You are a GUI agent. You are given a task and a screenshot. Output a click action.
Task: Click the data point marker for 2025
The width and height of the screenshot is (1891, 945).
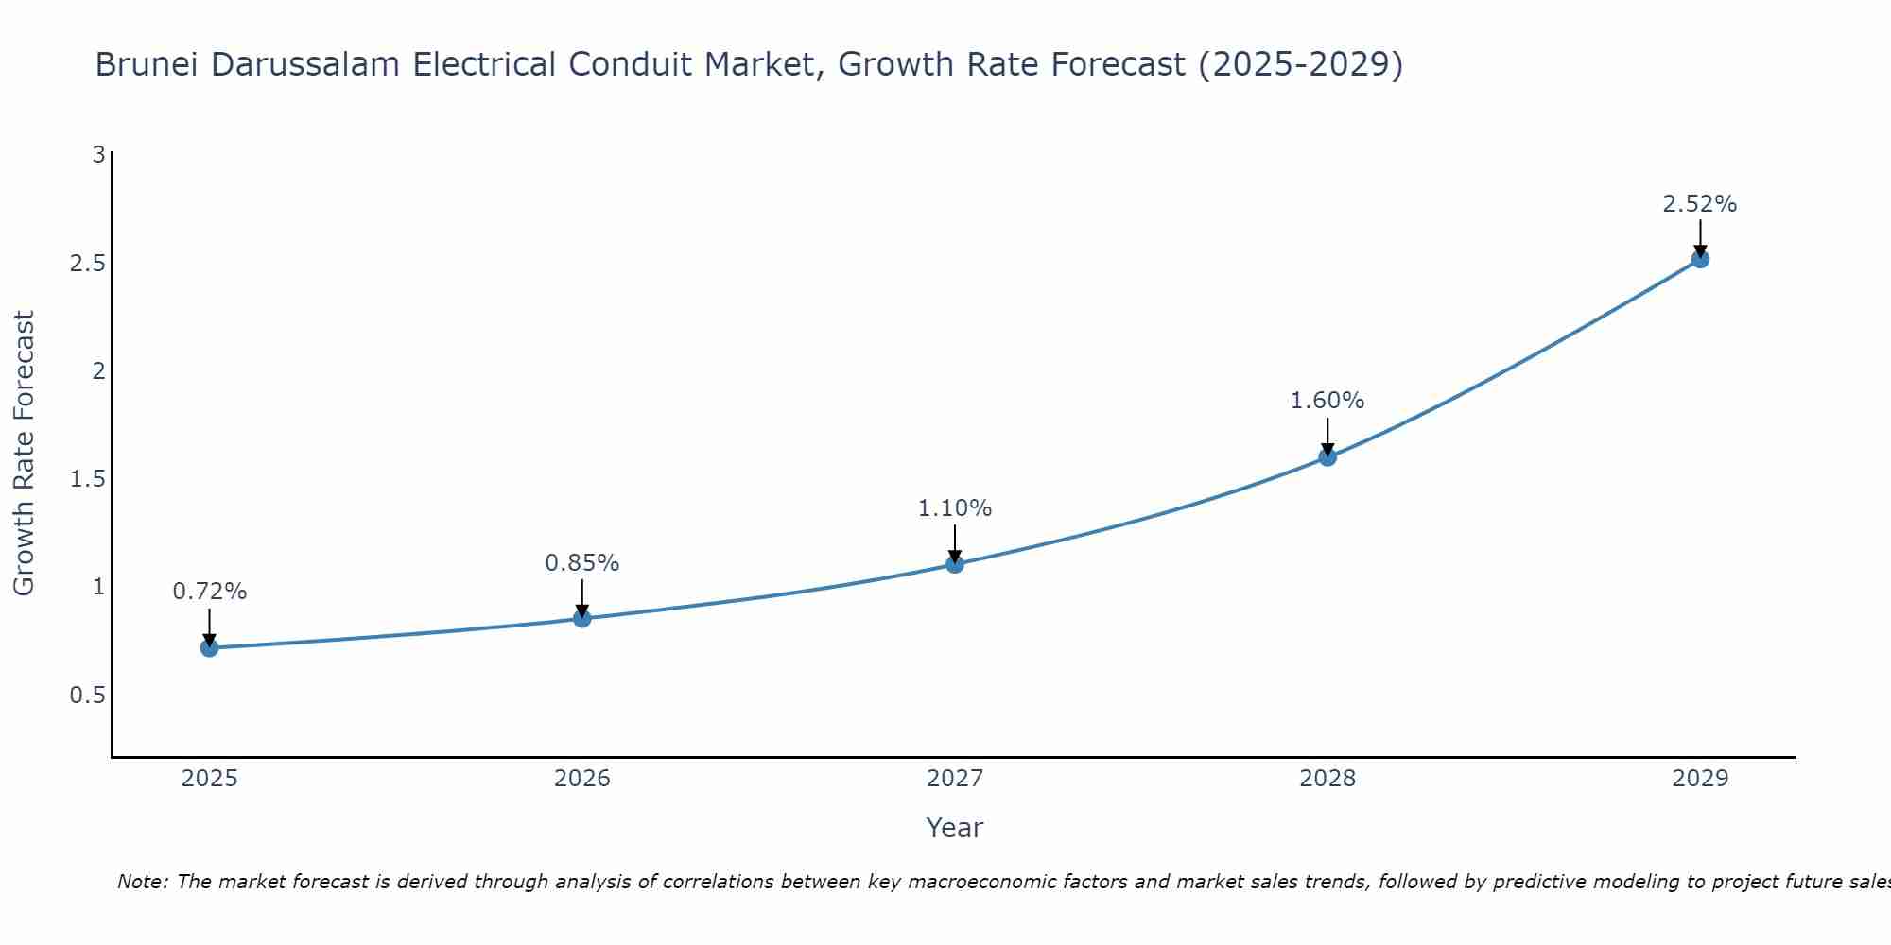[210, 647]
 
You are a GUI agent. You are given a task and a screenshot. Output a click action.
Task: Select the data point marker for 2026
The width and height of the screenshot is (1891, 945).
[582, 618]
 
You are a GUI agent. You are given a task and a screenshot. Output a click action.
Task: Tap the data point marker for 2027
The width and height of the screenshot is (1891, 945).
[955, 564]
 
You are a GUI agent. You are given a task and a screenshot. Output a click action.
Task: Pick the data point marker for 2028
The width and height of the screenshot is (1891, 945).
[1327, 456]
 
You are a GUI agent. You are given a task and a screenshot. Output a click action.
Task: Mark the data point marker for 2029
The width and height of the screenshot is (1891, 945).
[1700, 258]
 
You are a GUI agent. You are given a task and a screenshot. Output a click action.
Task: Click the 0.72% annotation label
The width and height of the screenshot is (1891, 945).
[210, 592]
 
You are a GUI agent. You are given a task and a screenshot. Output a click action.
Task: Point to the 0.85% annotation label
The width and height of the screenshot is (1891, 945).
[582, 563]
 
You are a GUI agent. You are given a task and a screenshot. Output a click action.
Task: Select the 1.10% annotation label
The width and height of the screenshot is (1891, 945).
[955, 508]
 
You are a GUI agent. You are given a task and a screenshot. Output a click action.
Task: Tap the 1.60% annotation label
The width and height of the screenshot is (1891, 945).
[1327, 401]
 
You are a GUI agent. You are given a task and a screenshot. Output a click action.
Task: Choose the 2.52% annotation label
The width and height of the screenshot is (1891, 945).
[1700, 204]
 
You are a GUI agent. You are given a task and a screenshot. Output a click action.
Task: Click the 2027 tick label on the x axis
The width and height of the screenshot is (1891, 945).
[955, 779]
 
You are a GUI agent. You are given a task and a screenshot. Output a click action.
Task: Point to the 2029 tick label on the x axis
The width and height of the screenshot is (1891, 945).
[1700, 779]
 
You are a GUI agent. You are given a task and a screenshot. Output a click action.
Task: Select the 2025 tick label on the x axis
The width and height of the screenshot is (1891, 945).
[210, 779]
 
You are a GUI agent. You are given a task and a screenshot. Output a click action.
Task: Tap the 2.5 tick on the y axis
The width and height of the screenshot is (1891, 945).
[87, 263]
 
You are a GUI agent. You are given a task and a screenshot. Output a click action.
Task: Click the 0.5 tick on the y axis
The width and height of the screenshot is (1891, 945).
[87, 696]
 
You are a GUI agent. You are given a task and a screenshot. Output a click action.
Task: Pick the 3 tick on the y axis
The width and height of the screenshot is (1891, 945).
[98, 154]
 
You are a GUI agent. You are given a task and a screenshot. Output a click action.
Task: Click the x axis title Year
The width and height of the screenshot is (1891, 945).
[955, 828]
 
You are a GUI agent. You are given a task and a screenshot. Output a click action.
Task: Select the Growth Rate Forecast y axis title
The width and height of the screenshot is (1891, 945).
[24, 454]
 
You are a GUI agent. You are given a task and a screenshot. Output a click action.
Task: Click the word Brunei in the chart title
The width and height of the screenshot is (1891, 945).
[147, 64]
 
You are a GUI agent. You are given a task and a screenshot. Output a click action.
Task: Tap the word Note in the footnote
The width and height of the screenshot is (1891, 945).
[142, 882]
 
